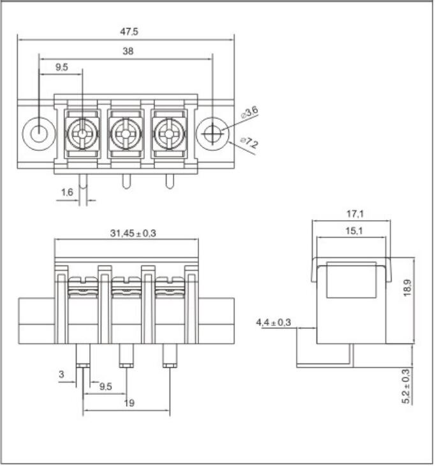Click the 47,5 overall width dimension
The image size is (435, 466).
[129, 31]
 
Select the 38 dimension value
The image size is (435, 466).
[128, 51]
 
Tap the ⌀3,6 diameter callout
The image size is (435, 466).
[249, 112]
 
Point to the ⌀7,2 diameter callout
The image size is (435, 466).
[249, 143]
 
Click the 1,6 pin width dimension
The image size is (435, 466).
[67, 192]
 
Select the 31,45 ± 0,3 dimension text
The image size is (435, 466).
[133, 233]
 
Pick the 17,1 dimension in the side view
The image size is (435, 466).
[355, 214]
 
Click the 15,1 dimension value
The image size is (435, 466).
[354, 230]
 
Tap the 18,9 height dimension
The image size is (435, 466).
[407, 287]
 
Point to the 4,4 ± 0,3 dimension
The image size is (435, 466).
[274, 322]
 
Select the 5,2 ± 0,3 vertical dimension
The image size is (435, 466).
[406, 386]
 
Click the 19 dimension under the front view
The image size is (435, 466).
[129, 403]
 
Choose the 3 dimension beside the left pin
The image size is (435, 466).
[61, 374]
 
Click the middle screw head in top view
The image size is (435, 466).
[126, 134]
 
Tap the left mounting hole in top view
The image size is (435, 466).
[39, 134]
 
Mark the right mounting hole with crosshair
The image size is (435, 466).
[212, 134]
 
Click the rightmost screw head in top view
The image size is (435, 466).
[169, 134]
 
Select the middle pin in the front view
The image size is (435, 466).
[126, 356]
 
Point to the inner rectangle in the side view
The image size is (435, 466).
[351, 279]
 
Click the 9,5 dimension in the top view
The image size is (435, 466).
[62, 67]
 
